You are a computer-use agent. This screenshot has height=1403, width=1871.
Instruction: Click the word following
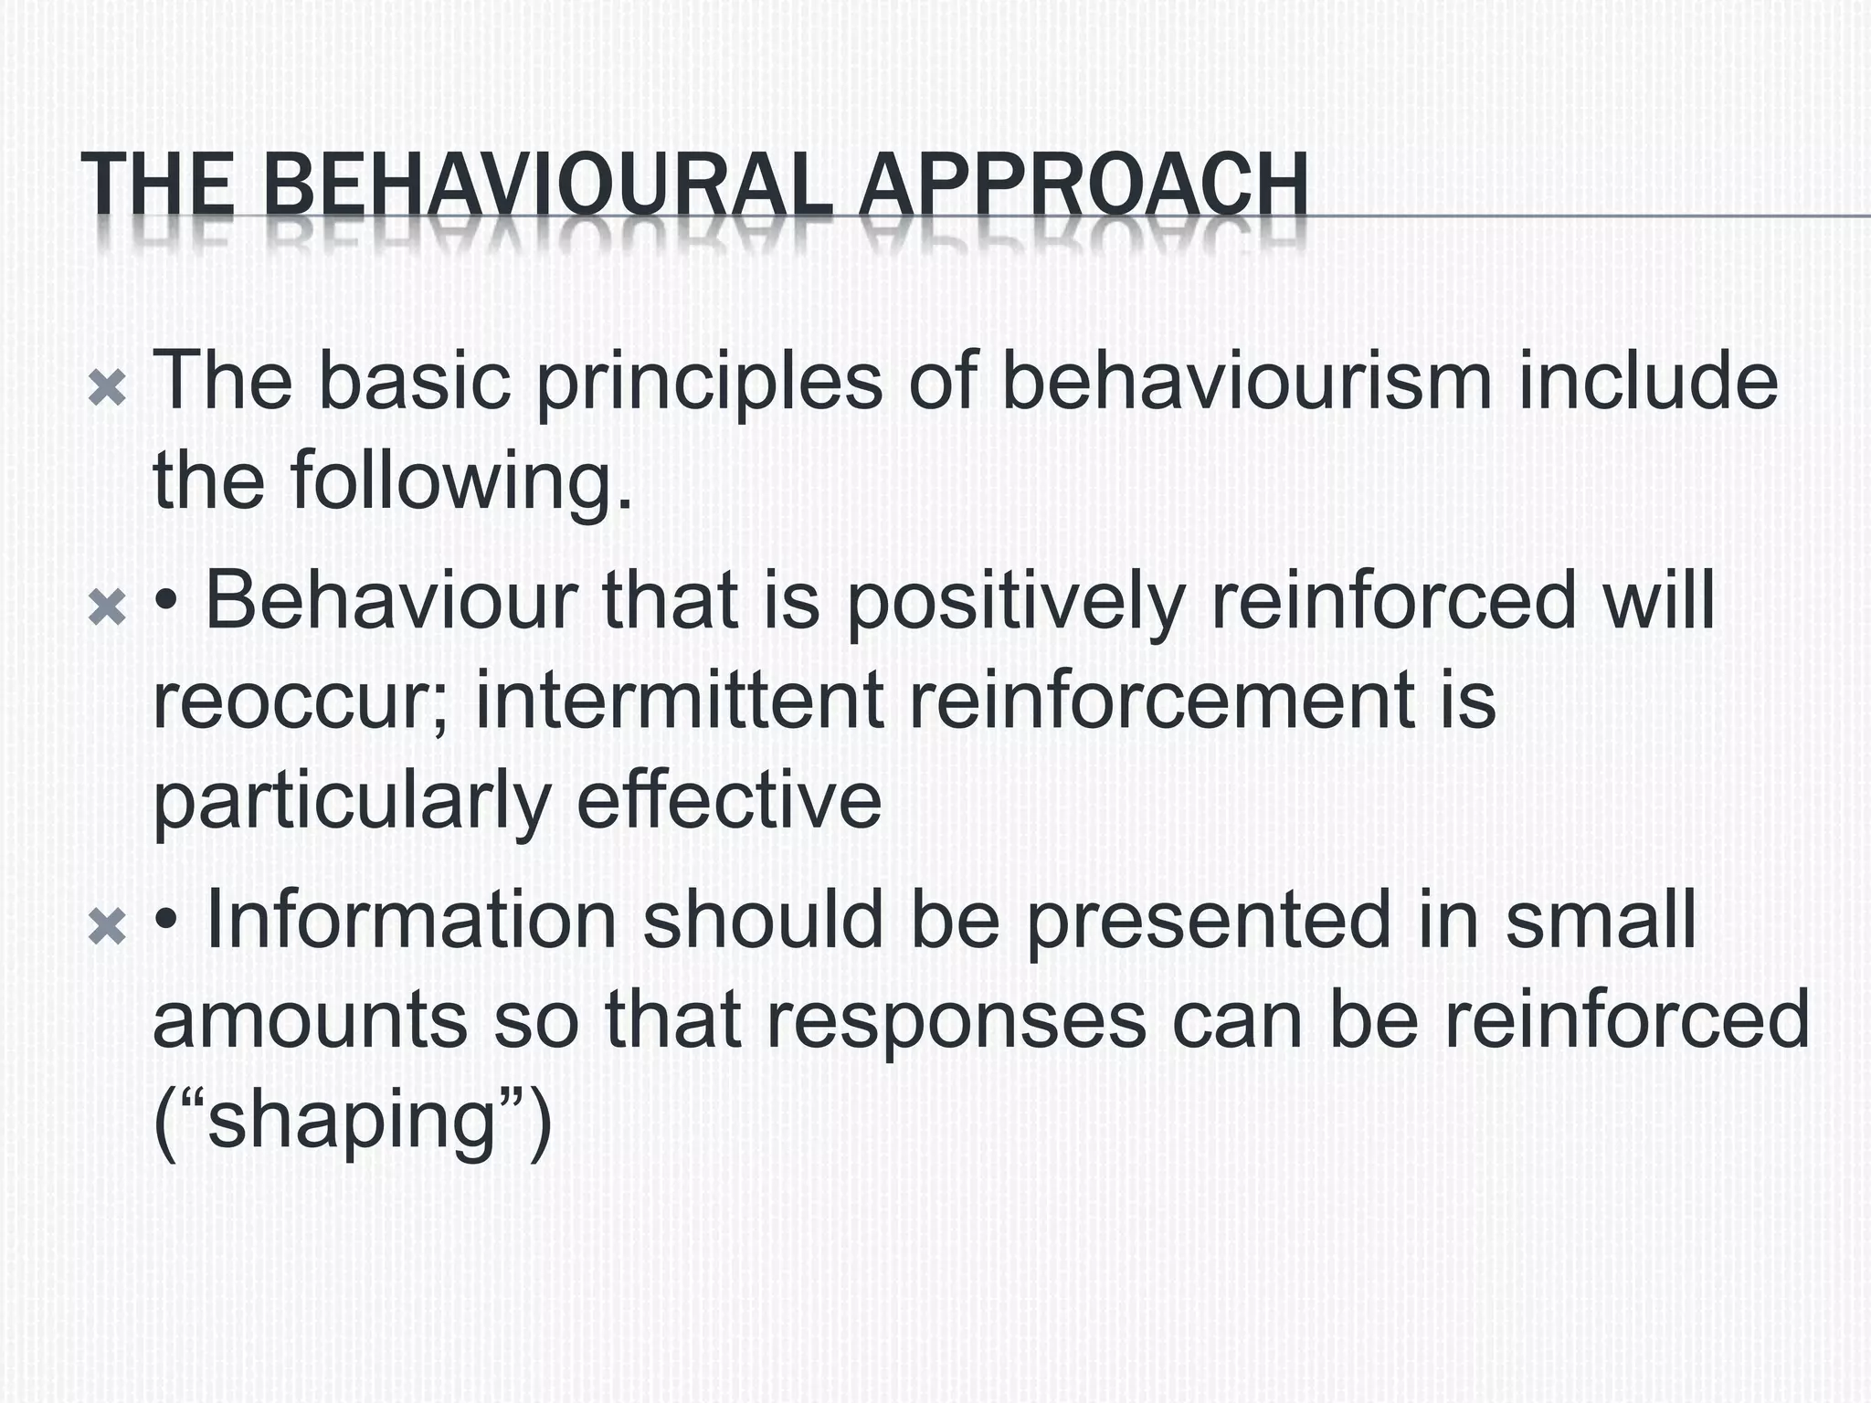pyautogui.click(x=461, y=484)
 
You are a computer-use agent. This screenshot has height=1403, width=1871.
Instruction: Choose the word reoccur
pyautogui.click(x=301, y=701)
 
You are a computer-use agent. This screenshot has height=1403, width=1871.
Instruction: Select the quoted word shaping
pyautogui.click(x=352, y=1123)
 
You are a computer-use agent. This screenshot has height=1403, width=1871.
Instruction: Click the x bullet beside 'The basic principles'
pyautogui.click(x=107, y=390)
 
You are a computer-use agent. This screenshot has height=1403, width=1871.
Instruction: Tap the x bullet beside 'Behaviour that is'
pyautogui.click(x=107, y=608)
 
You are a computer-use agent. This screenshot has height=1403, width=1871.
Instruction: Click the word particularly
pyautogui.click(x=352, y=803)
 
